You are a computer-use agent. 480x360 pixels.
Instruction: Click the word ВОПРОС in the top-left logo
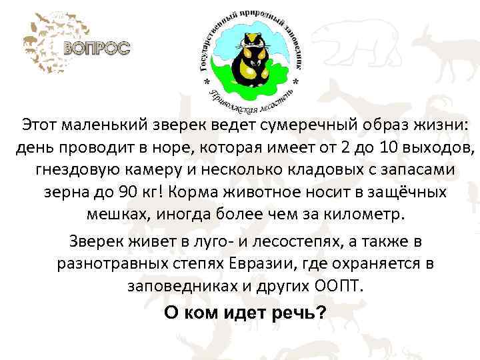[97, 48]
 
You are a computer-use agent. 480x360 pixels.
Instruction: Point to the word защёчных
[406, 192]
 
